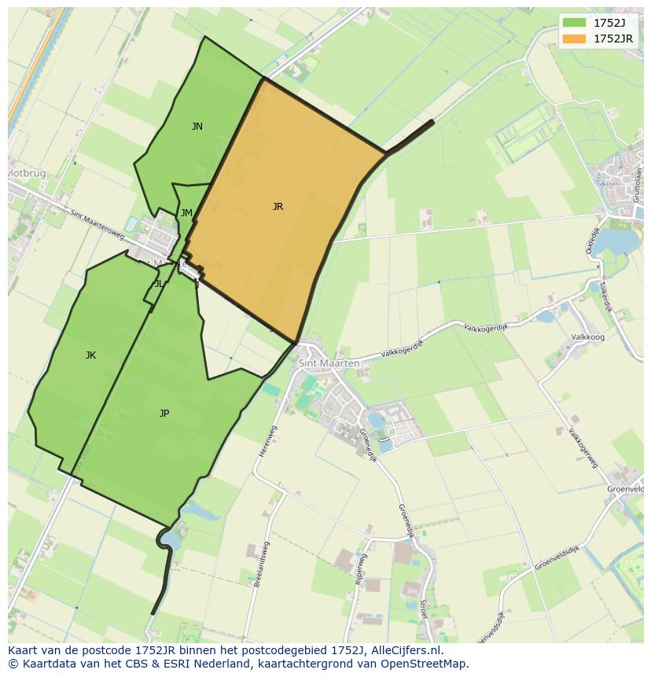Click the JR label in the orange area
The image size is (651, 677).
pos(278,207)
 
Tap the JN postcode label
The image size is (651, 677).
pos(197,127)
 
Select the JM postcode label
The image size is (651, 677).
pos(186,213)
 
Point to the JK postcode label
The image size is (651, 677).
pos(90,355)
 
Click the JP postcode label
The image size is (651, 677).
pos(164,414)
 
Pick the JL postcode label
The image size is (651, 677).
pos(159,284)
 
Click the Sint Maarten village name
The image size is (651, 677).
pos(329,363)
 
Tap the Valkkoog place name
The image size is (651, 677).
pos(587,337)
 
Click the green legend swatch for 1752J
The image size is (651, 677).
pos(576,23)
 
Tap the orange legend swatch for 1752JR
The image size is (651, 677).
pos(576,38)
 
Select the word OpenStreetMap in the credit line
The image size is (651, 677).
pos(425,664)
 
